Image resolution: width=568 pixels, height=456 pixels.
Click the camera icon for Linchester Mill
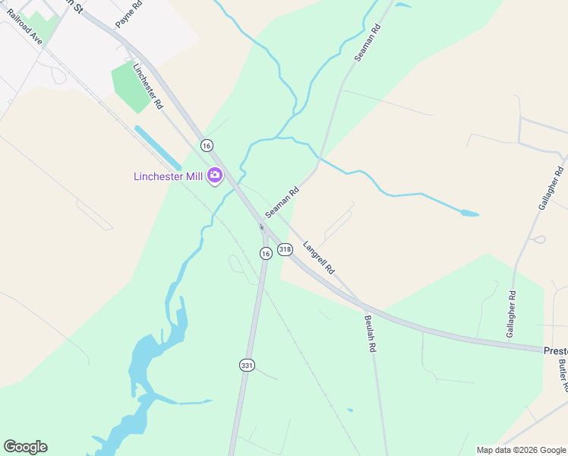tap(215, 176)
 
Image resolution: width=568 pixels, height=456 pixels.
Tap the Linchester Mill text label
tap(168, 176)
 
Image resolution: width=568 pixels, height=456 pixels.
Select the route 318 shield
tap(285, 249)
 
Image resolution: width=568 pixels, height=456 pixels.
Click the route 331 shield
tap(246, 366)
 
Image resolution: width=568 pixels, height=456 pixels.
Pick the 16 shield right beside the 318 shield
tap(265, 253)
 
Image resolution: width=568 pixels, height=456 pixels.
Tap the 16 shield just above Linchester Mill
tap(207, 144)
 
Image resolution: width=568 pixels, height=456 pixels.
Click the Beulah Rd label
tap(371, 333)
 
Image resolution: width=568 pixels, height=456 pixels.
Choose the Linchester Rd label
tap(148, 86)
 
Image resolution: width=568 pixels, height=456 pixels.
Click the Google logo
tap(25, 447)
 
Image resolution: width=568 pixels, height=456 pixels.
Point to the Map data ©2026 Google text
tap(520, 450)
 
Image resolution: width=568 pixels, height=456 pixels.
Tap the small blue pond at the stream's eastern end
tap(469, 214)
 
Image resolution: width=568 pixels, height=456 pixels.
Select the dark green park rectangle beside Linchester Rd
tap(131, 85)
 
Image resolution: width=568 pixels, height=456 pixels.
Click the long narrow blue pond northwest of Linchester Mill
tap(158, 147)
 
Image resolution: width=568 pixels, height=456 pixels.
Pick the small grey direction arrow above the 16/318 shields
tap(261, 226)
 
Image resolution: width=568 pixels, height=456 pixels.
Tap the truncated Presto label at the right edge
tap(555, 350)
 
